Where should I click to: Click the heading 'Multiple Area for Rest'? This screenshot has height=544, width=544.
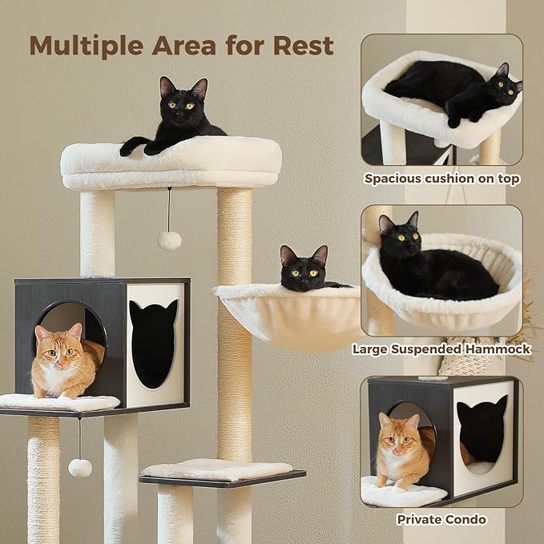coord(181,46)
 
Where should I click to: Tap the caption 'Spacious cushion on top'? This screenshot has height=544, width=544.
coord(441,179)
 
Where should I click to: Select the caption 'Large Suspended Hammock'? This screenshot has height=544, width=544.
coord(441,349)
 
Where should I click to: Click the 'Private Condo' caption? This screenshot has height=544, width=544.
coord(441,520)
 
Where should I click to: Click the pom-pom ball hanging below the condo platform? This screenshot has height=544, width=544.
coord(79,468)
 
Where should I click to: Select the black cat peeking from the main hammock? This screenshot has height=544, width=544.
coord(304,269)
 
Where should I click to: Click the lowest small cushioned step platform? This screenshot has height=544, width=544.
coord(218,470)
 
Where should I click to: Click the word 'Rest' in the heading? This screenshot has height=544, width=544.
coord(303,46)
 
